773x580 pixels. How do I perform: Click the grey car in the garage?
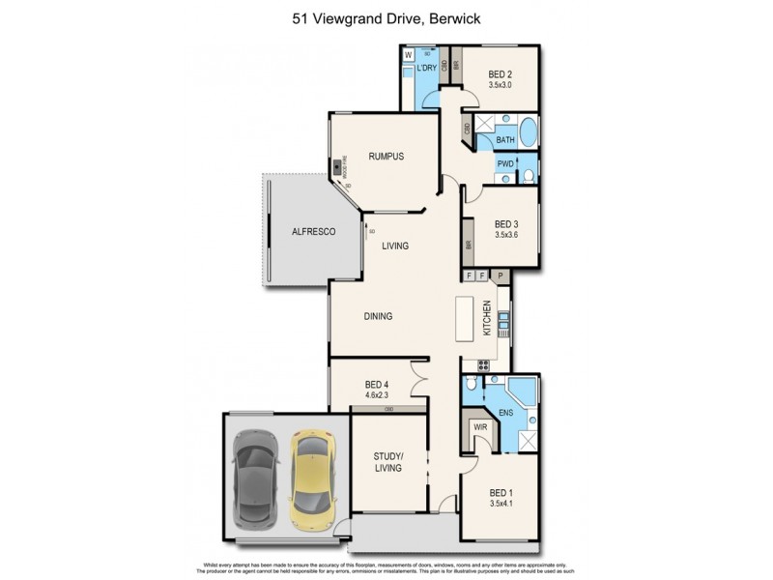coord(255,476)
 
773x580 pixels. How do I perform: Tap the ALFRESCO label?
coord(313,231)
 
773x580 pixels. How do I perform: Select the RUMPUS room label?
coord(385,157)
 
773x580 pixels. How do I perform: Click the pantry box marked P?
coord(501,276)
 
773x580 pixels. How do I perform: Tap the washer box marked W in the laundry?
coord(409,55)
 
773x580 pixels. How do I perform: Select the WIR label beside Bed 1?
coord(479,425)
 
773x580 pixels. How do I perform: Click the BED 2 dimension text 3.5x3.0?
coord(500,85)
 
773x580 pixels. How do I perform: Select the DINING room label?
coord(378,316)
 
